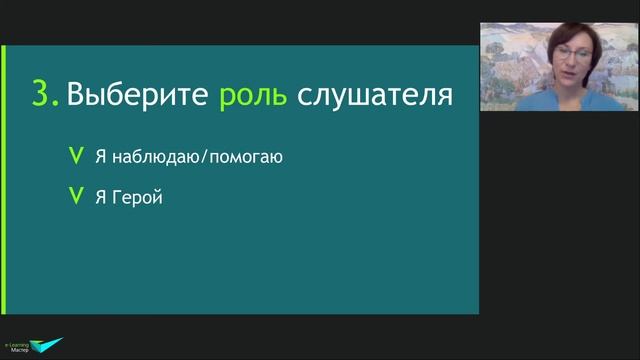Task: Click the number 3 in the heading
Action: pyautogui.click(x=42, y=95)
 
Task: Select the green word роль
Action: pyautogui.click(x=254, y=97)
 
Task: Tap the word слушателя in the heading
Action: pyautogui.click(x=376, y=96)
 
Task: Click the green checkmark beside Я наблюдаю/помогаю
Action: pyautogui.click(x=74, y=156)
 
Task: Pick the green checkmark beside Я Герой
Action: pyautogui.click(x=74, y=197)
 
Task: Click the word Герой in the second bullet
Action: pyautogui.click(x=137, y=198)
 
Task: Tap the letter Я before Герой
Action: pyautogui.click(x=101, y=197)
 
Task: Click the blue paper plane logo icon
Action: pyautogui.click(x=47, y=346)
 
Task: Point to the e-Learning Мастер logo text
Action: pyautogui.click(x=18, y=345)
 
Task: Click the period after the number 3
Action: pyautogui.click(x=56, y=105)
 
